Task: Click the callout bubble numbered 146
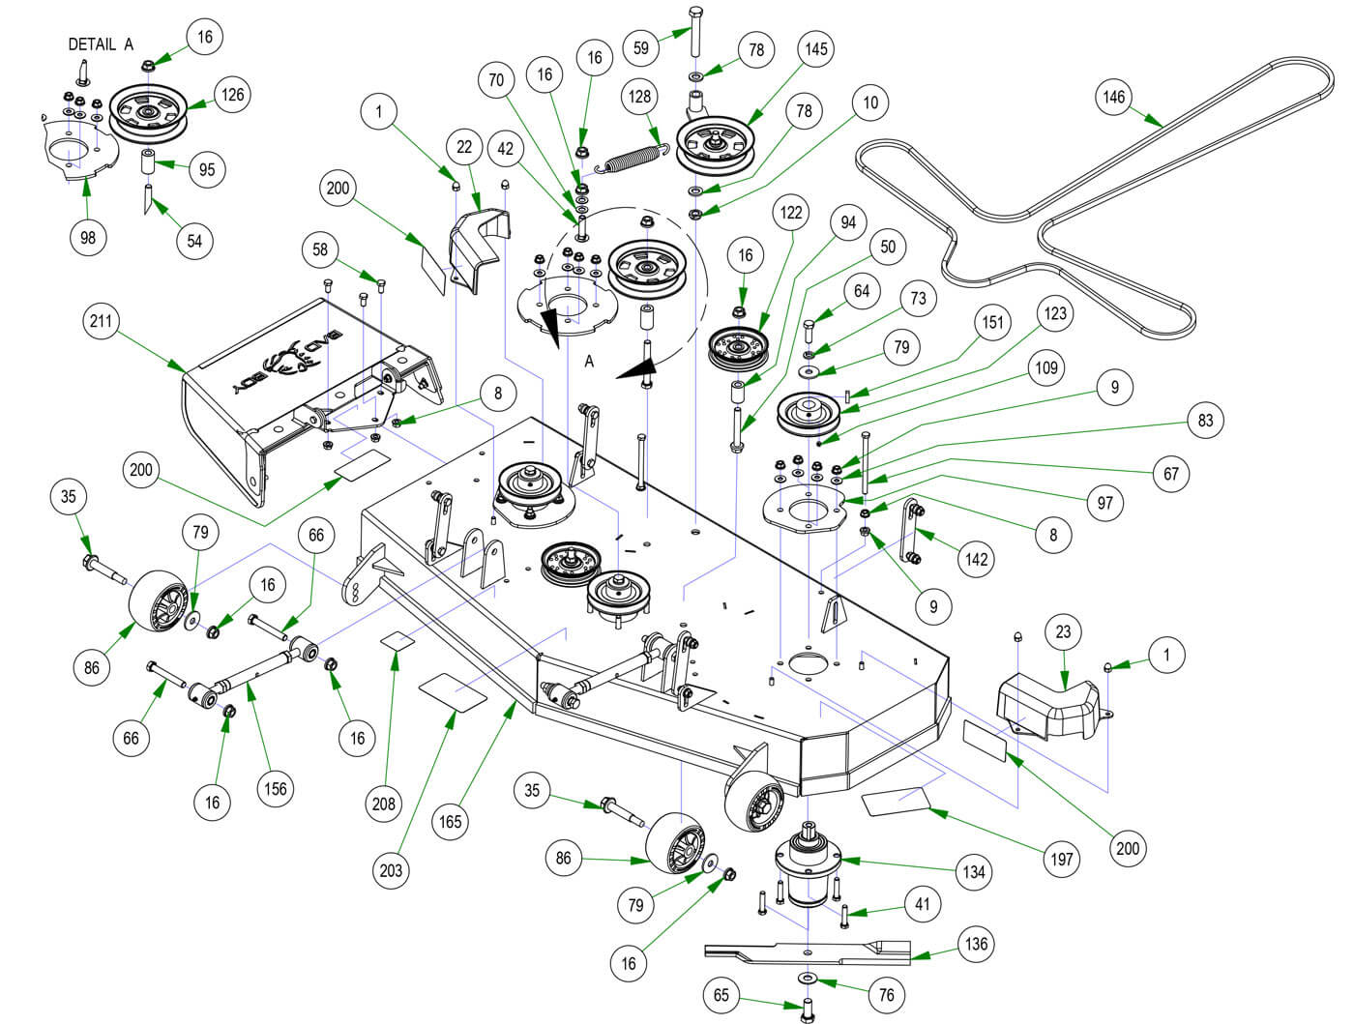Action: pos(1114,97)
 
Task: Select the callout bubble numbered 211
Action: pos(102,322)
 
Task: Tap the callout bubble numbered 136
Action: pos(976,943)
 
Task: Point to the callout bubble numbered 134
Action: pos(973,871)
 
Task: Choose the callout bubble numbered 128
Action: pos(640,97)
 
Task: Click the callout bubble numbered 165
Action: pos(451,821)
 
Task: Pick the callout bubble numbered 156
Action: pos(276,788)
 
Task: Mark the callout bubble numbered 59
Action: pos(640,46)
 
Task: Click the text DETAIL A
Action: pos(102,44)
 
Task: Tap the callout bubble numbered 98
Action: pos(88,236)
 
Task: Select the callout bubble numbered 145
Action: pos(816,48)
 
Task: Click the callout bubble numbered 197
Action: pos(1062,858)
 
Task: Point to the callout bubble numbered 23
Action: pos(1063,632)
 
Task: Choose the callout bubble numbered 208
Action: pos(384,803)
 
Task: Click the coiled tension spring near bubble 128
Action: pos(632,158)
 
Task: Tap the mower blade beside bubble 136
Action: pos(808,953)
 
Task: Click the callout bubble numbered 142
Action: pos(977,559)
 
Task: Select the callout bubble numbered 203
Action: pos(391,870)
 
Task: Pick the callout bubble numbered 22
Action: pos(465,146)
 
